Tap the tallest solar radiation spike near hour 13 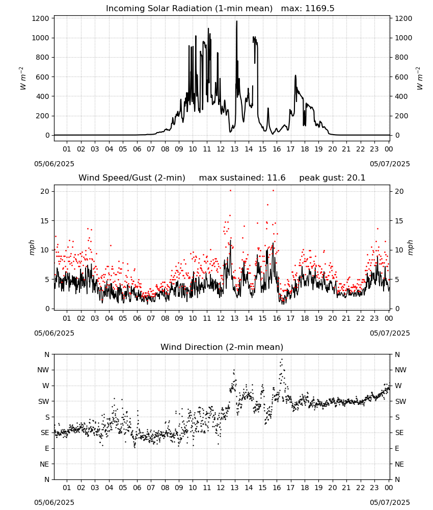236,21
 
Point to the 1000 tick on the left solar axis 41,38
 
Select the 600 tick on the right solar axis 401,77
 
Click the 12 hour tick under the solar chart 221,149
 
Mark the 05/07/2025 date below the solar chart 390,164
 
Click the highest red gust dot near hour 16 273,190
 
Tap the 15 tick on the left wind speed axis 45,221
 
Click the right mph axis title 410,247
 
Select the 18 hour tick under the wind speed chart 305,318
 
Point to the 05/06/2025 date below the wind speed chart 54,333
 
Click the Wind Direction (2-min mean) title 222,347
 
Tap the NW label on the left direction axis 43,370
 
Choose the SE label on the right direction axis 399,432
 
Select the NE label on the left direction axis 44,464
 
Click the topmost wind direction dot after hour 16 282,359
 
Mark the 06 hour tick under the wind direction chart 137,488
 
